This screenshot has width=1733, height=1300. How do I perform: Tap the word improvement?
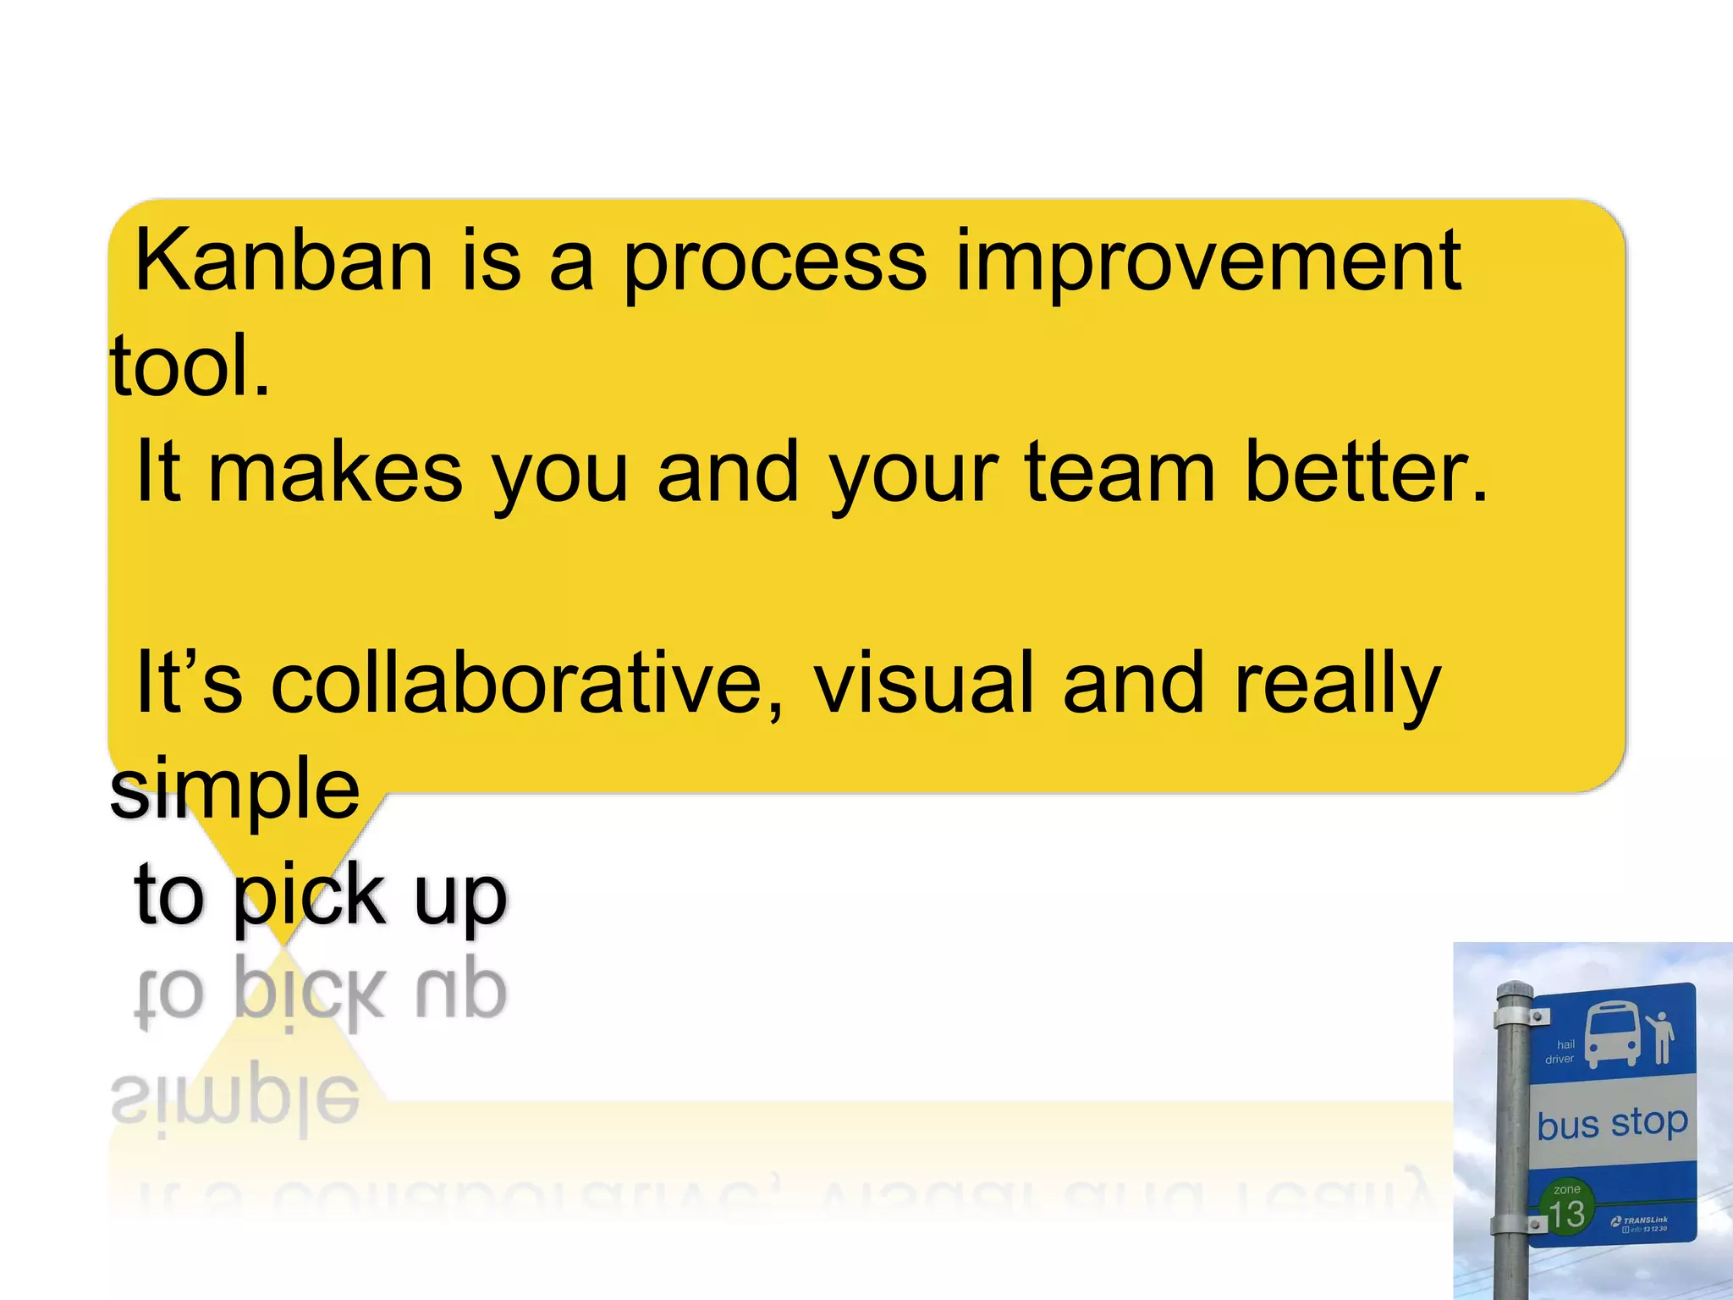(1208, 262)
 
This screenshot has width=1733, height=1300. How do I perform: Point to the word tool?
(190, 366)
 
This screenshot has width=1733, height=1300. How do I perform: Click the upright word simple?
(235, 790)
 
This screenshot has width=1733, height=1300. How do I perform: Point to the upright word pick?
(309, 897)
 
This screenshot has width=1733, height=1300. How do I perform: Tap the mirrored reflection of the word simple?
(235, 1100)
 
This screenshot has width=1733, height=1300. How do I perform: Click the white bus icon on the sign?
(1611, 1034)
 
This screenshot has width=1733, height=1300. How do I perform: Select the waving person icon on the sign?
(1659, 1038)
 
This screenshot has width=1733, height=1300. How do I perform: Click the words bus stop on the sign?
(1612, 1124)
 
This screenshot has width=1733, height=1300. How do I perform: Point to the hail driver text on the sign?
(1560, 1052)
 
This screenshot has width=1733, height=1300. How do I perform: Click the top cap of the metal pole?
(1514, 989)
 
